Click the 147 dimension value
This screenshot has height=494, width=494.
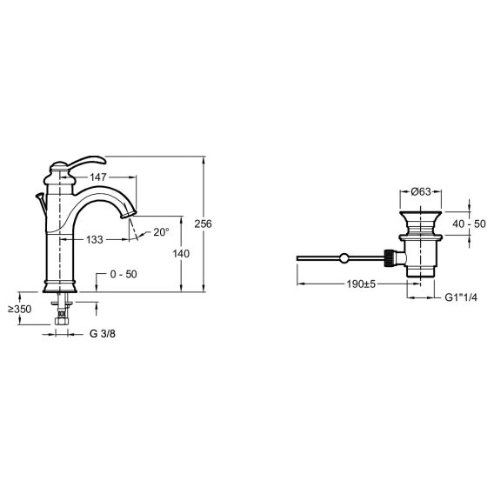[x=98, y=177]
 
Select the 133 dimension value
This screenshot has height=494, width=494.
[x=95, y=240]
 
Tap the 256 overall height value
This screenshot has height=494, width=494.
[x=204, y=224]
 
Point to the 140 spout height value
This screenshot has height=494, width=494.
[x=181, y=253]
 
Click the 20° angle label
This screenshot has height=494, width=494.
[x=161, y=232]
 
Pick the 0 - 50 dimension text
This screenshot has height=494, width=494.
[x=123, y=274]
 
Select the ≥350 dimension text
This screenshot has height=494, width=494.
[x=20, y=309]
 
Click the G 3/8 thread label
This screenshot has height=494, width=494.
[x=103, y=334]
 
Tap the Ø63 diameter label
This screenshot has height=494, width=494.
[x=421, y=191]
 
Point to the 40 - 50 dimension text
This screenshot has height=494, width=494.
[x=469, y=224]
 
